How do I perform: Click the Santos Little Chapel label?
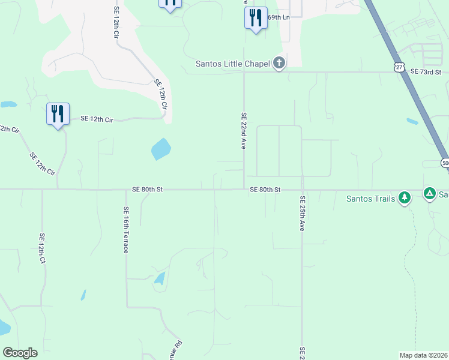[x=234, y=64]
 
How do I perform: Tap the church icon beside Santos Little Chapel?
[x=279, y=62]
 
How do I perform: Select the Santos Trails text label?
[x=371, y=199]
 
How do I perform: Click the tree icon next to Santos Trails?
[x=405, y=197]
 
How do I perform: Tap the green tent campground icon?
[x=429, y=193]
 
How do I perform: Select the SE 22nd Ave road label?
[x=244, y=131]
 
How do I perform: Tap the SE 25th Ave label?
[x=303, y=214]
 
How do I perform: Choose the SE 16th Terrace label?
[x=126, y=230]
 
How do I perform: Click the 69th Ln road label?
[x=279, y=18]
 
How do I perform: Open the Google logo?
[x=20, y=353]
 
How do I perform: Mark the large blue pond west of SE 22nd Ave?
[x=161, y=149]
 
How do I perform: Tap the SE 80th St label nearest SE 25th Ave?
[x=265, y=190]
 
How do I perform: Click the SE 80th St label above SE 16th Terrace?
[x=148, y=190]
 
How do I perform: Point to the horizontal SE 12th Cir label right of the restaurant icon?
[x=97, y=119]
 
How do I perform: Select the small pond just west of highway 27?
[x=412, y=121]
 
